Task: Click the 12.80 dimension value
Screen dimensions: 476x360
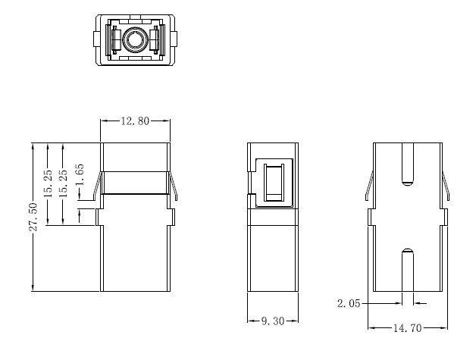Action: pos(135,121)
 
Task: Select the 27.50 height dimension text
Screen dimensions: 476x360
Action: pos(33,217)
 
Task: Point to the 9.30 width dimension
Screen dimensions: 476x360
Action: pos(273,321)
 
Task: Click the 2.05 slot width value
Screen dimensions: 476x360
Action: pos(349,303)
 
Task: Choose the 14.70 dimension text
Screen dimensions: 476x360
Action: pos(407,328)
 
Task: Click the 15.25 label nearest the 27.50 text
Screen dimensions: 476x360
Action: pos(49,183)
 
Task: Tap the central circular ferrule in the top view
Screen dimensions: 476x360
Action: pos(136,40)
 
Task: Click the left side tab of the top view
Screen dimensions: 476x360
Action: pos(96,39)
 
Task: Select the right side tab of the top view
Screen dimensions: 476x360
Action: pos(174,39)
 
